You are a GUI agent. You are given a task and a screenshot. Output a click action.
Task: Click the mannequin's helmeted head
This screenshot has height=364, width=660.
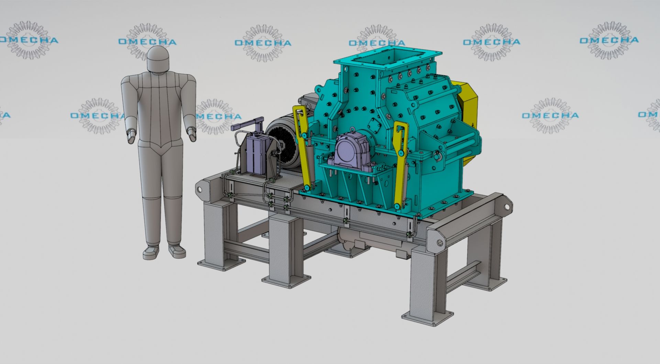pos(158,58)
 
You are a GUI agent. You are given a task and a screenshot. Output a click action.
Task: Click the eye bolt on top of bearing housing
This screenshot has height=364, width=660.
pos(353,130)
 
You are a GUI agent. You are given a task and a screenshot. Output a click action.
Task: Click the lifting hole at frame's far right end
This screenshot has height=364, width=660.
pos(507,207)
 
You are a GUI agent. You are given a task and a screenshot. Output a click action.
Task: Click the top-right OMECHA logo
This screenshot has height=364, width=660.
pos(609,40)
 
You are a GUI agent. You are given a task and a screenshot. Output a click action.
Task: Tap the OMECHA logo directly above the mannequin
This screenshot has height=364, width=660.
pos(147,42)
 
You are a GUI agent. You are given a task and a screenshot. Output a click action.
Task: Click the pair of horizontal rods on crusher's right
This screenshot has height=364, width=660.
pos(461,144)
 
